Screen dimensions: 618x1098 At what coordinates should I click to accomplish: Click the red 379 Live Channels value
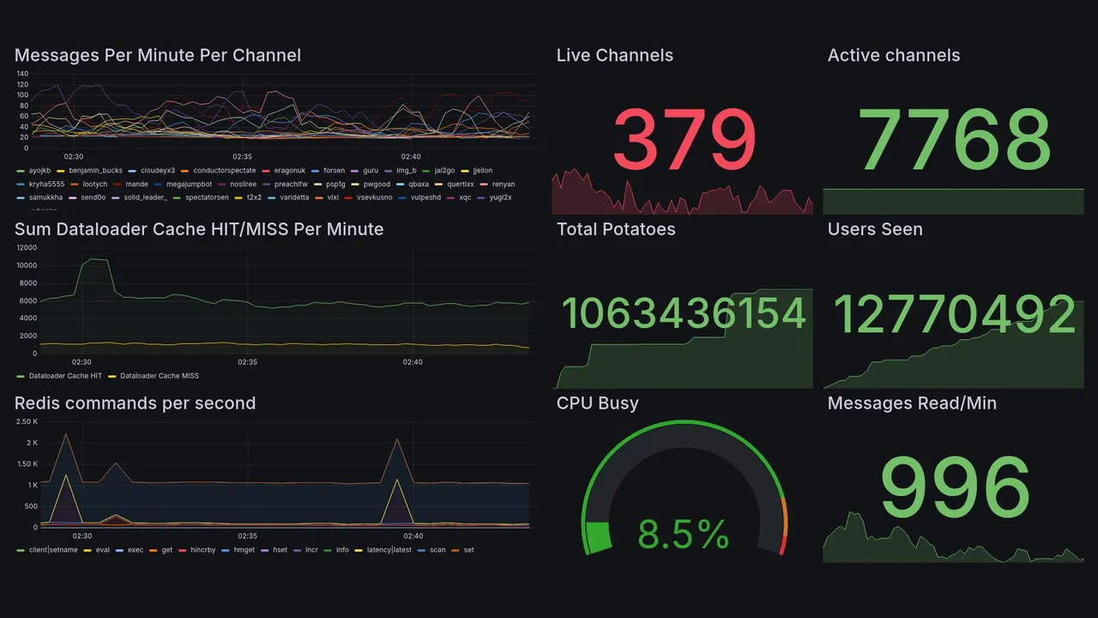684,140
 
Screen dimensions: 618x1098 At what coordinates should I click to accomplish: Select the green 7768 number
955,140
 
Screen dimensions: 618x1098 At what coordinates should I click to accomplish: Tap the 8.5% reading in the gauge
683,535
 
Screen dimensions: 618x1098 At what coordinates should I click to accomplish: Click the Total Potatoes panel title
615,229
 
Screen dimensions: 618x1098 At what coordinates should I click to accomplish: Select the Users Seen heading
875,229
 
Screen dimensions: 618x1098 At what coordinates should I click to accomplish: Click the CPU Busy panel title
597,403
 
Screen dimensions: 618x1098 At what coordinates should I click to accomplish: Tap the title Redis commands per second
135,403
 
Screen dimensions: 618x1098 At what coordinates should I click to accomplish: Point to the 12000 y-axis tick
26,248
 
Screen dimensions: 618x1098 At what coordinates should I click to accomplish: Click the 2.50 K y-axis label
27,421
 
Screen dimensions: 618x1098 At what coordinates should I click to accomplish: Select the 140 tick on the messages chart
22,74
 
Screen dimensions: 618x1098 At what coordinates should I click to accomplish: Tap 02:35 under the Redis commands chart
247,536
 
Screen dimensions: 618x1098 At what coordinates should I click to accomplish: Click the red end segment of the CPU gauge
781,546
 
